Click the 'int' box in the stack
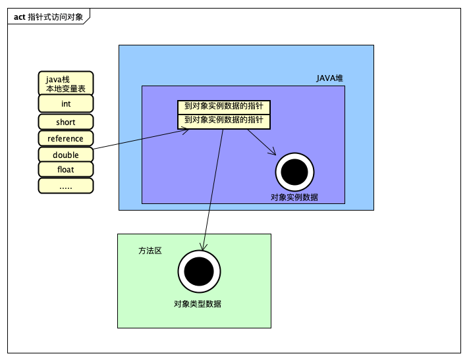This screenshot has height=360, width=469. pyautogui.click(x=66, y=104)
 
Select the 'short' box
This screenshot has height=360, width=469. pyautogui.click(x=66, y=122)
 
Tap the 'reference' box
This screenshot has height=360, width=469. pyautogui.click(x=66, y=138)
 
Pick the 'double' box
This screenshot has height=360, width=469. pyautogui.click(x=66, y=155)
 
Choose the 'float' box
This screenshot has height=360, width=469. pyautogui.click(x=66, y=169)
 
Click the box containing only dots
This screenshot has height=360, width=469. pyautogui.click(x=66, y=186)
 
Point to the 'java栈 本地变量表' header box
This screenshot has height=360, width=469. pyautogui.click(x=66, y=84)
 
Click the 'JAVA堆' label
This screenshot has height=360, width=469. pyautogui.click(x=329, y=78)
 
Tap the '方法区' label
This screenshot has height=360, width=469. pyautogui.click(x=150, y=251)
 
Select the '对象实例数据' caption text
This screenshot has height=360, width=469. pyautogui.click(x=294, y=197)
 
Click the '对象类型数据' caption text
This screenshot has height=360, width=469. pyautogui.click(x=198, y=304)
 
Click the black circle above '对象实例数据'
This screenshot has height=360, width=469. pyautogui.click(x=294, y=172)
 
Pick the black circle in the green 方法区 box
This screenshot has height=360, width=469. pyautogui.click(x=199, y=271)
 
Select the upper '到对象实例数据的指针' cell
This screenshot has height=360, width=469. pyautogui.click(x=224, y=107)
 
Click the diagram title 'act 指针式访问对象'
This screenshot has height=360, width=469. pyautogui.click(x=48, y=17)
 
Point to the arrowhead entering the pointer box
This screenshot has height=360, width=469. pyautogui.click(x=186, y=130)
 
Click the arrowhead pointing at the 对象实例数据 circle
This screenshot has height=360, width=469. pyautogui.click(x=272, y=151)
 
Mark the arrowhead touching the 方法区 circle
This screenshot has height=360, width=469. pyautogui.click(x=204, y=246)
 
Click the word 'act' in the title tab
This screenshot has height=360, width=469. pyautogui.click(x=20, y=17)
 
